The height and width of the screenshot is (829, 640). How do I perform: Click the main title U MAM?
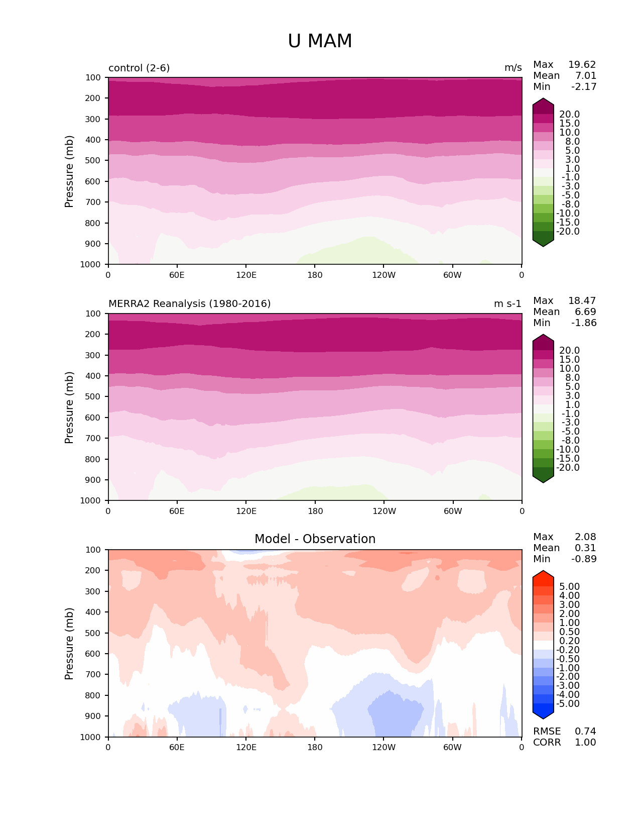320,41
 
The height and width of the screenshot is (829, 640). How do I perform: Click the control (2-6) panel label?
139,68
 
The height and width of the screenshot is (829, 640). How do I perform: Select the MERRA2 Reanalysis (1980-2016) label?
189,304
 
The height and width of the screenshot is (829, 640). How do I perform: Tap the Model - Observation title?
315,539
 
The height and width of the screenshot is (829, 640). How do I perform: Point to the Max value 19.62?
582,65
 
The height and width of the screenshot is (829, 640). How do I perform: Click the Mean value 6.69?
585,312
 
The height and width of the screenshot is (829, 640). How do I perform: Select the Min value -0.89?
584,559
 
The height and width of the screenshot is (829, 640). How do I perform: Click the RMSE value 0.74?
585,732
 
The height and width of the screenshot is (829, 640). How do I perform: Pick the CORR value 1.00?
585,743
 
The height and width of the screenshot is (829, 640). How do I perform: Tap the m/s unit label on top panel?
513,68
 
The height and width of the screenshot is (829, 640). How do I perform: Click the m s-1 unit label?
507,304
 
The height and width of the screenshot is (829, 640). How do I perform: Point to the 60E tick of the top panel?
177,275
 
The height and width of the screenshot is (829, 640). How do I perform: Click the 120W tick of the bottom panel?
383,748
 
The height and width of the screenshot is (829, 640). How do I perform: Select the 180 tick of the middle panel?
315,511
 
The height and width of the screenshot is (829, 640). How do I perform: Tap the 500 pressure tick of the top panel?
93,161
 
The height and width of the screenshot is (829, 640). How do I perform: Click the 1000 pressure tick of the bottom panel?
91,737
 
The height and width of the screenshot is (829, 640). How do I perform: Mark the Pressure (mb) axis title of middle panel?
69,407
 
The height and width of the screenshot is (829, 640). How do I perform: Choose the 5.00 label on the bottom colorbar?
569,587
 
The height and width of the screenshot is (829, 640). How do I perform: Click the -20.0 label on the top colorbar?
569,232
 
